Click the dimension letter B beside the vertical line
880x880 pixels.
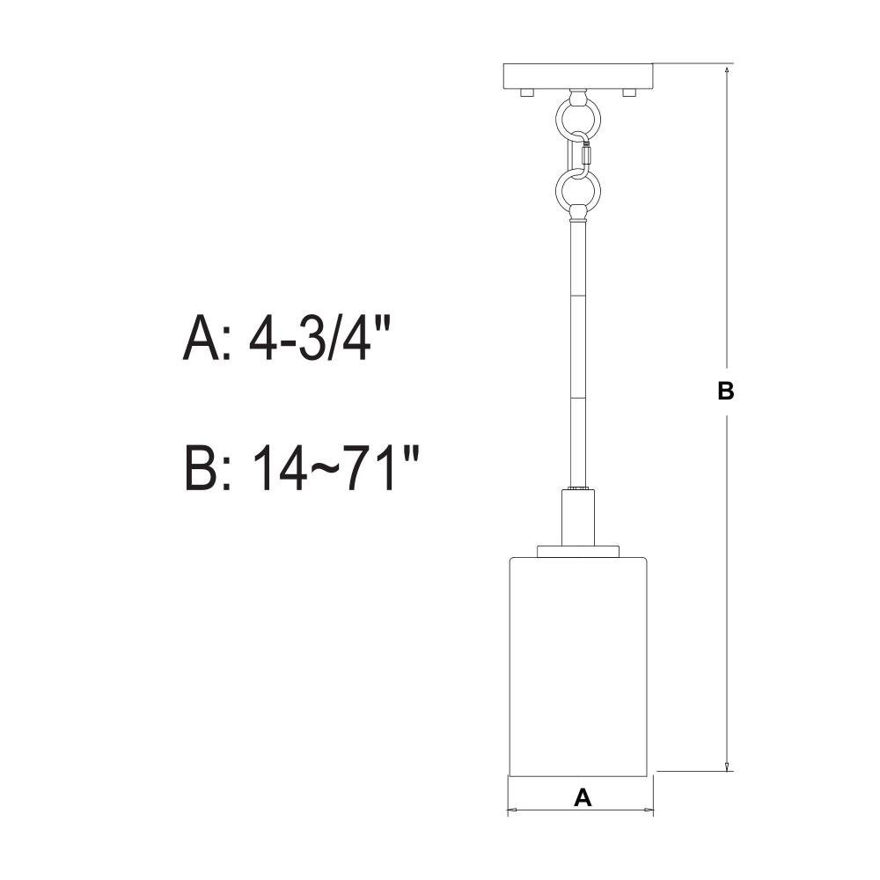point(726,391)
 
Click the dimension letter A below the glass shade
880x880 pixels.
point(583,797)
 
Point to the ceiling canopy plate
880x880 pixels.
point(578,76)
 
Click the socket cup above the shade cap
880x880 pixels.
point(579,517)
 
